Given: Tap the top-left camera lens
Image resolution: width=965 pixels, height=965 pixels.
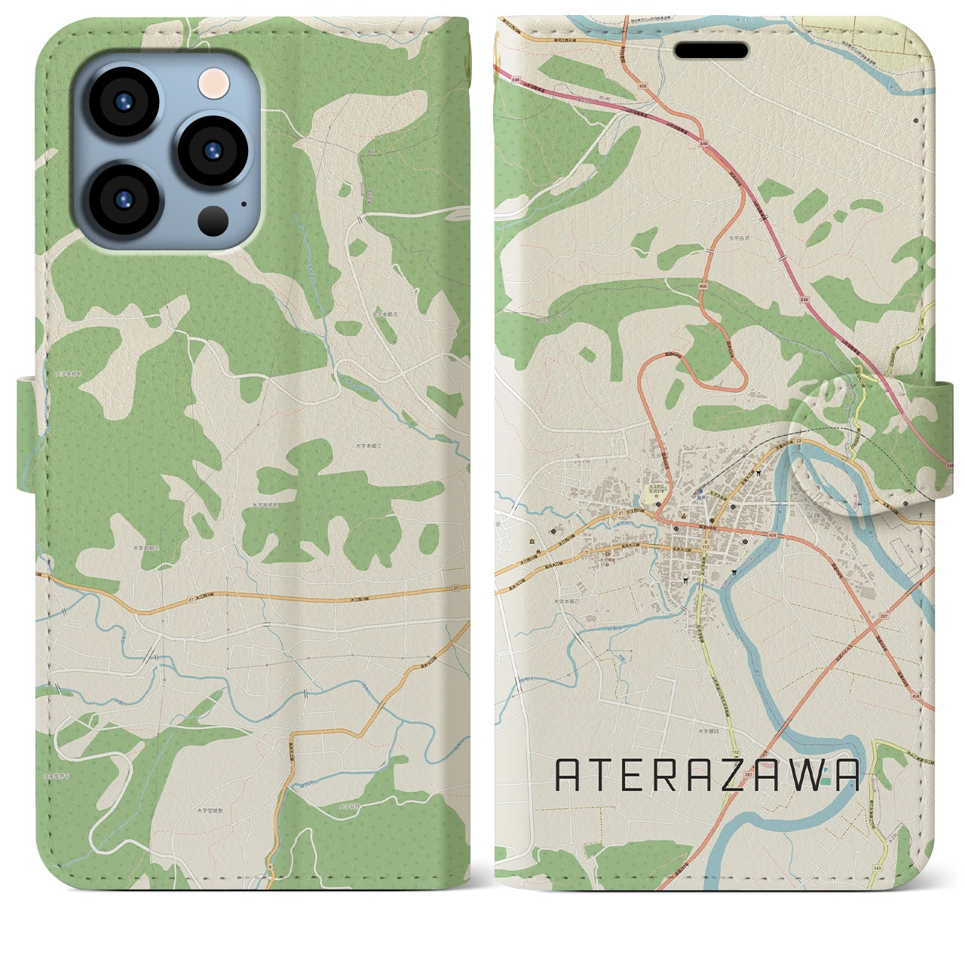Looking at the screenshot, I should [123, 104].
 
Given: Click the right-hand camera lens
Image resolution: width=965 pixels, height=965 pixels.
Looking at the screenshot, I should [213, 149].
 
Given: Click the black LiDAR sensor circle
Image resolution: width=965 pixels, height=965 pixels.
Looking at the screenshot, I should [214, 219].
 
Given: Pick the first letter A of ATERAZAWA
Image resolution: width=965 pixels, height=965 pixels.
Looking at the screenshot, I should [568, 775].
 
